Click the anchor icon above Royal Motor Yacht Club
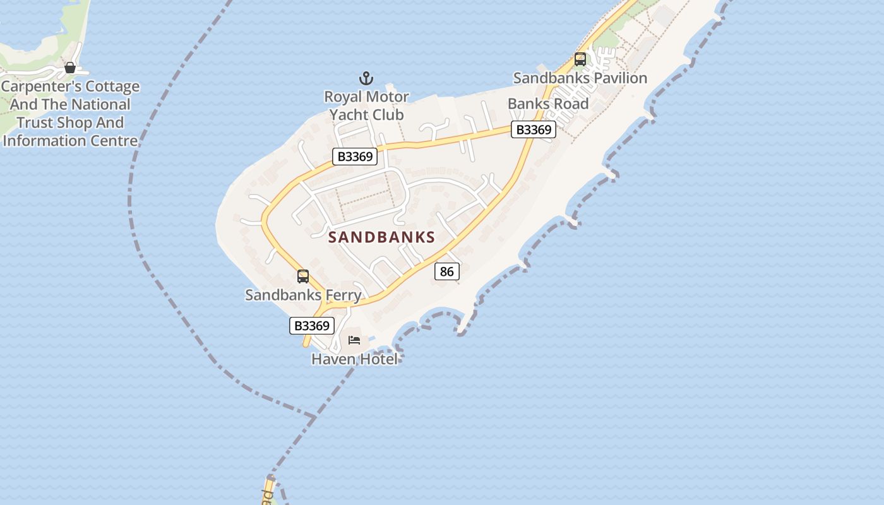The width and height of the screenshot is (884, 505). pos(366,79)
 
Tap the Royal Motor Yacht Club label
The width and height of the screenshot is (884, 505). pos(366,105)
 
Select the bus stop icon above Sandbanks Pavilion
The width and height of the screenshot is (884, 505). pos(580,59)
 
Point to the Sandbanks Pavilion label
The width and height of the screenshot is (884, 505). pos(580,78)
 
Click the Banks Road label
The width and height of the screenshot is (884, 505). pos(548,104)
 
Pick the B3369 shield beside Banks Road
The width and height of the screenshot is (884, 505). pos(534,129)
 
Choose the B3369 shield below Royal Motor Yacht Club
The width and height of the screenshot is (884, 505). pos(355,157)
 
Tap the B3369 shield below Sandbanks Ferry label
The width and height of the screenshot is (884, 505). pos(312,326)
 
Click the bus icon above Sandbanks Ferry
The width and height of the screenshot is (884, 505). pos(303,276)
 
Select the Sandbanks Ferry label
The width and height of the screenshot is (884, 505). pos(303,295)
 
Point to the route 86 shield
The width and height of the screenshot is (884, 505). pos(446,271)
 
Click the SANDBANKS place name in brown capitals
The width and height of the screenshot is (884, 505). pos(382,237)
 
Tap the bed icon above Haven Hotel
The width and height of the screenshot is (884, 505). pos(354,340)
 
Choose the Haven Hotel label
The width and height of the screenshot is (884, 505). pos(355,359)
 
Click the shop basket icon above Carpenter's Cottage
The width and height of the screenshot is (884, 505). pos(70,68)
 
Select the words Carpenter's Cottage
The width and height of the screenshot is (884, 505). pos(70,86)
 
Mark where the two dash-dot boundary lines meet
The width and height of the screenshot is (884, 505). pos(314,417)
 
